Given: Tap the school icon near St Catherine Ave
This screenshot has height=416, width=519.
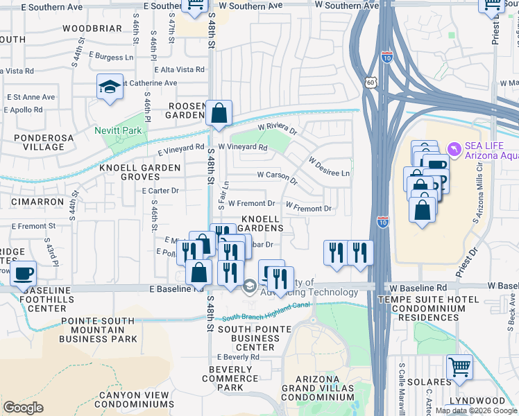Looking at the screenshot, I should coord(110,87).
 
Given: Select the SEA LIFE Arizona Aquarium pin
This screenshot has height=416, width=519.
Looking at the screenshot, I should coord(454,148).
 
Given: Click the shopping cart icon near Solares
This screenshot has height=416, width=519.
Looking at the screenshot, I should coord(459,367).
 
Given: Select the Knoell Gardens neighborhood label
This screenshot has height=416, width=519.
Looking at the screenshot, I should coord(262,223).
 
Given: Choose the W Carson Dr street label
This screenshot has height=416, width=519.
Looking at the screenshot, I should coord(277,177).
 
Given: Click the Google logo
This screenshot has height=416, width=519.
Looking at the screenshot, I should coord(23,408).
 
